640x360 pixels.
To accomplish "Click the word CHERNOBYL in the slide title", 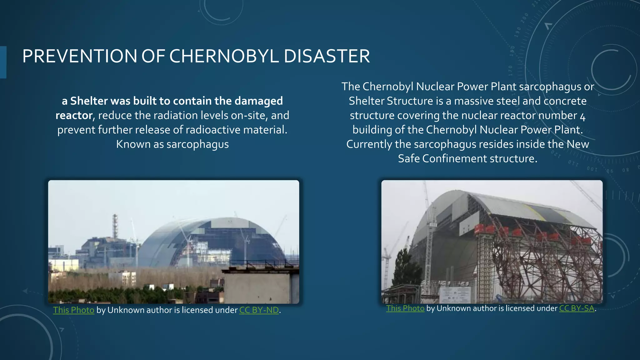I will (x=224, y=56).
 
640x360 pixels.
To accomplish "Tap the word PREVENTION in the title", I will (x=79, y=56).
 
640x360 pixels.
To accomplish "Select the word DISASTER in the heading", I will (x=327, y=56).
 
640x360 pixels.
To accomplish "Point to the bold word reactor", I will (x=74, y=115).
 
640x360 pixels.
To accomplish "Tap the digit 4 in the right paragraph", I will (x=582, y=117).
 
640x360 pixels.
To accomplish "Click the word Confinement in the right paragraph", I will (x=454, y=158).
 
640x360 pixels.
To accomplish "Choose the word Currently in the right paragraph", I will (x=369, y=144).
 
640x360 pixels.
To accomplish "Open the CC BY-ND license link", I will (x=259, y=310).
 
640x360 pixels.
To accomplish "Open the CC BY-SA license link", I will (x=577, y=308).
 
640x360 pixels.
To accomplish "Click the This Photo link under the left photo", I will (x=73, y=310).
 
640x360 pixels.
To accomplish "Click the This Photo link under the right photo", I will (x=405, y=308).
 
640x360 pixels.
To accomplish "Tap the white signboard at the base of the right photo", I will (x=455, y=294).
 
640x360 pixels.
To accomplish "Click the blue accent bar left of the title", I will (x=3, y=62).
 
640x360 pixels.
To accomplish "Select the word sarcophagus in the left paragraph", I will (x=197, y=144).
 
